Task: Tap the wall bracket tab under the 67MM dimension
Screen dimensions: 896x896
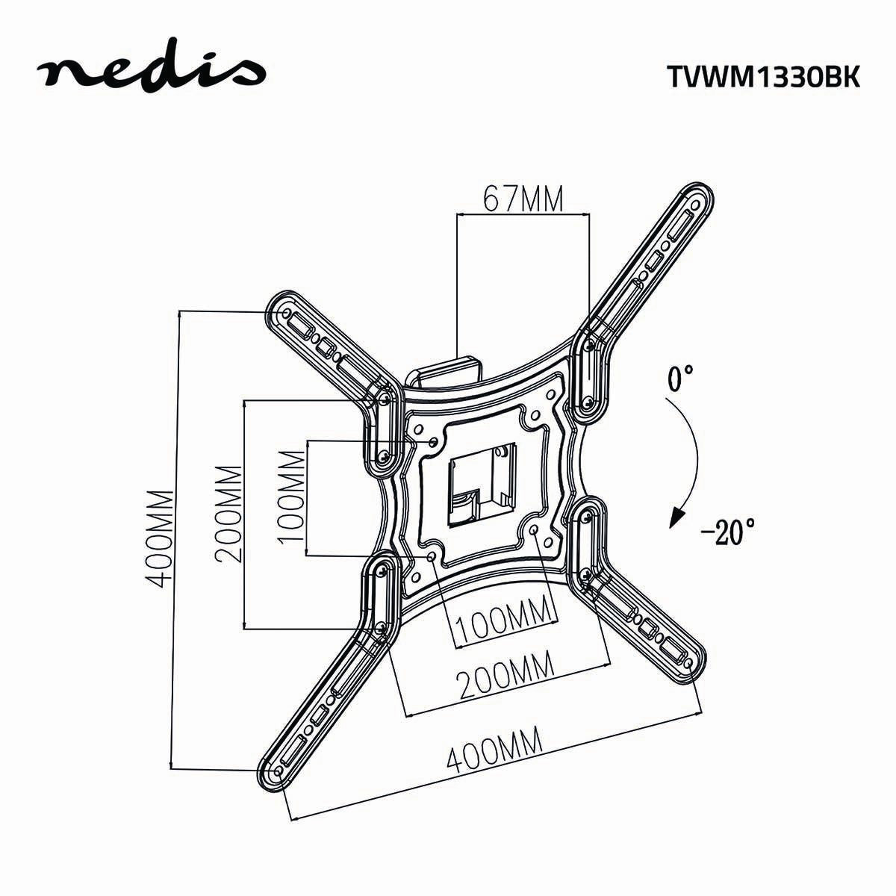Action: click(446, 369)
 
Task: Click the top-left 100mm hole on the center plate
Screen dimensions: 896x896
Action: click(434, 442)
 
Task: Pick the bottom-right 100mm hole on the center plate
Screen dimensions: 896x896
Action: click(538, 528)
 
